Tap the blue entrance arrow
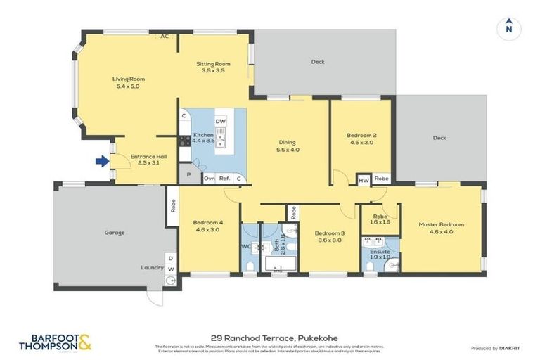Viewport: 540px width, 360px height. point(102,162)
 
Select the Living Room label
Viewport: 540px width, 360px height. point(129,82)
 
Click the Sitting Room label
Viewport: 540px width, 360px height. point(213,67)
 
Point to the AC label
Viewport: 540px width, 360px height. point(165,37)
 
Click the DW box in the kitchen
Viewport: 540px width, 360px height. point(221,122)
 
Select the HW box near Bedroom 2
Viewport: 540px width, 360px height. point(364,179)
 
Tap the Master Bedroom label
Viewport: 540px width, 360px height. point(441,229)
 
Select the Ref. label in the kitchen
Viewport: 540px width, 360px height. point(225,179)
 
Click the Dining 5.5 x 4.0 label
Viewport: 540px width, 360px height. point(288,145)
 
